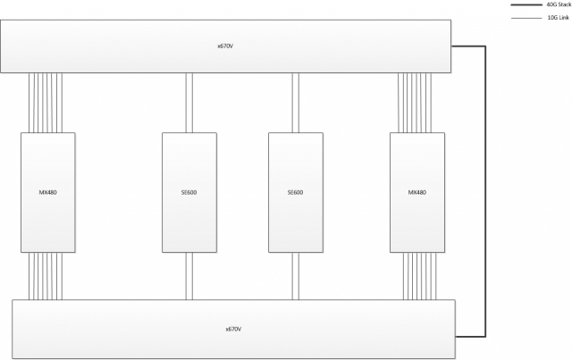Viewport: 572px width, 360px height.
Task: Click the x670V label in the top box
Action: (225, 46)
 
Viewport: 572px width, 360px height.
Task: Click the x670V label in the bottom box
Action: (233, 329)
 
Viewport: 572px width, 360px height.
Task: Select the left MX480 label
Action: (47, 192)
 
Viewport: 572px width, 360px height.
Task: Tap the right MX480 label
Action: (417, 192)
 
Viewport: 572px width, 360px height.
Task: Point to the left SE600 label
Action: (189, 192)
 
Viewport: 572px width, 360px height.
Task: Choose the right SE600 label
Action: (295, 192)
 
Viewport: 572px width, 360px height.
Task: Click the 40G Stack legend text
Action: (559, 4)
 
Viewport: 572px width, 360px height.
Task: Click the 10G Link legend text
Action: (558, 18)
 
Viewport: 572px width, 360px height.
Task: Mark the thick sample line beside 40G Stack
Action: (526, 4)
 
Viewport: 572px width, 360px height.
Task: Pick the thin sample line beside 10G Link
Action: (526, 18)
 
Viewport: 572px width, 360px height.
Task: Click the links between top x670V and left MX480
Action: (46, 103)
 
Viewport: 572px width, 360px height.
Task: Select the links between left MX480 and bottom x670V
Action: (46, 276)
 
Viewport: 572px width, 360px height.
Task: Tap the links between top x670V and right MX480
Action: (415, 103)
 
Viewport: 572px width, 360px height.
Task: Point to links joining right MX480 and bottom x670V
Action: (419, 276)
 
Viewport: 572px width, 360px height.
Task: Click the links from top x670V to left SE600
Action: (189, 103)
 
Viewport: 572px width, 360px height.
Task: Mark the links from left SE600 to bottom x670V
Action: (189, 276)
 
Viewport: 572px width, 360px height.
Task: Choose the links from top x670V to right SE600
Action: (296, 103)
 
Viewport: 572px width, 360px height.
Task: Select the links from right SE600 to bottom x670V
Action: (296, 276)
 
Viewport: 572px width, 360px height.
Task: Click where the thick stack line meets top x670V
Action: (451, 46)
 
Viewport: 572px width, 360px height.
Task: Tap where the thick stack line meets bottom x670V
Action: (456, 336)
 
